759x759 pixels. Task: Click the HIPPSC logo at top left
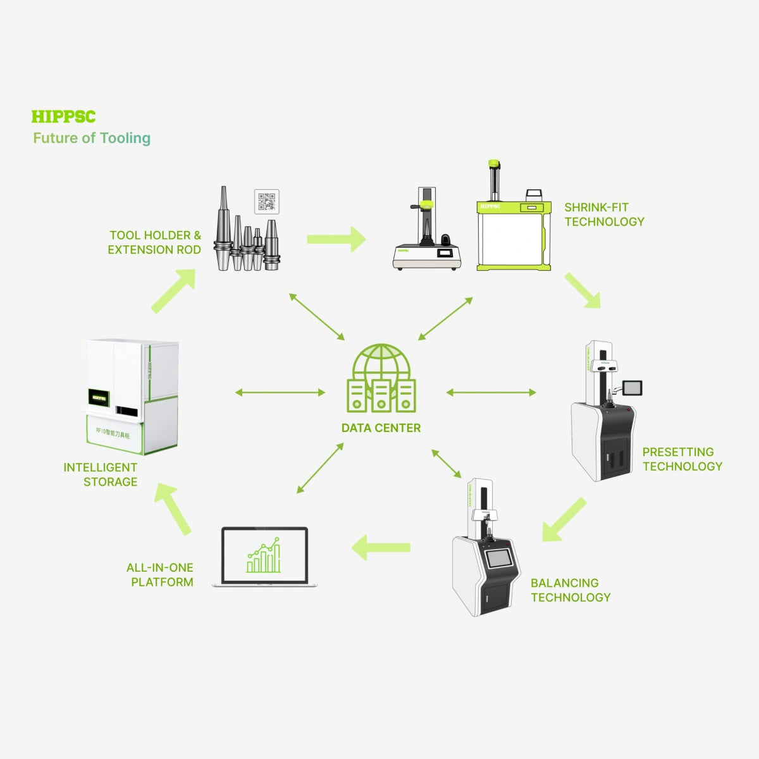[63, 117]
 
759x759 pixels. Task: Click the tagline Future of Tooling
[92, 138]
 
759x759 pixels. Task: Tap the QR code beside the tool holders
[266, 201]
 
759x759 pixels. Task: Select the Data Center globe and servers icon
[381, 378]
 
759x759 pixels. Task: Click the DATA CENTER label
[381, 428]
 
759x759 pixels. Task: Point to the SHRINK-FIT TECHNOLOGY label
[604, 214]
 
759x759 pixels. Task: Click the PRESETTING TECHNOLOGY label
[682, 459]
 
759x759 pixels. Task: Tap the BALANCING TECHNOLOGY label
[570, 590]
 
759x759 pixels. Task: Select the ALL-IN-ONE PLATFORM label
[160, 575]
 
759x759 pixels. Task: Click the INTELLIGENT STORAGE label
[101, 474]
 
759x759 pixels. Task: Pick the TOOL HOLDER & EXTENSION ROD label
[154, 242]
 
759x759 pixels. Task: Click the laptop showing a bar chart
[264, 556]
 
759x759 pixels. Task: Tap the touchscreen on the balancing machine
[500, 558]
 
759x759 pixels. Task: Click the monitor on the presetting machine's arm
[631, 388]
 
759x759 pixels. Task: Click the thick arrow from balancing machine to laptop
[381, 547]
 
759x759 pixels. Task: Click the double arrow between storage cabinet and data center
[280, 393]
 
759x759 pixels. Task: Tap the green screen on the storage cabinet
[98, 397]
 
